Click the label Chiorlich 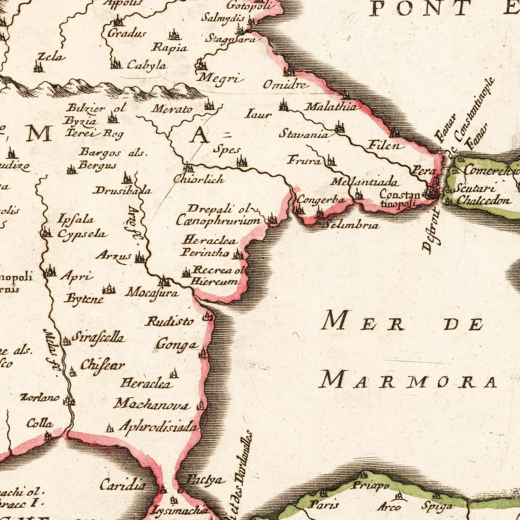coord(199,179)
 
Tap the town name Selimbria coord(352,225)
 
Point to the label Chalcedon coord(484,200)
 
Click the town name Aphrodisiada coord(159,426)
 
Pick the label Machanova coord(152,404)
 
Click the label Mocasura coord(152,293)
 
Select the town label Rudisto coord(169,321)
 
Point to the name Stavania coord(304,135)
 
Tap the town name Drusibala coord(123,190)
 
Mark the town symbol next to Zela coord(39,67)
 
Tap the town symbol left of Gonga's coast coord(204,353)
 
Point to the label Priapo coord(370,486)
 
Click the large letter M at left coord(40,134)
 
